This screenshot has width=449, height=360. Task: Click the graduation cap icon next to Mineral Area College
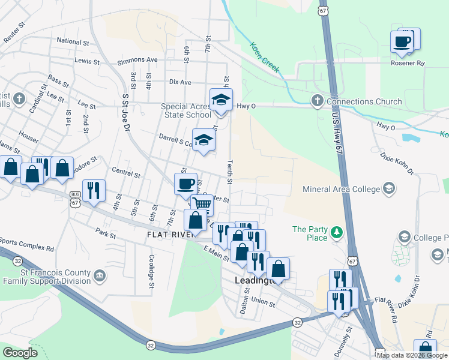point(389,190)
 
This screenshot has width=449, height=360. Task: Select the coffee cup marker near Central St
point(185,183)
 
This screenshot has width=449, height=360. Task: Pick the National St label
point(73,42)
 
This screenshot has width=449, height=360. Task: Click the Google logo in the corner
point(20,353)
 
